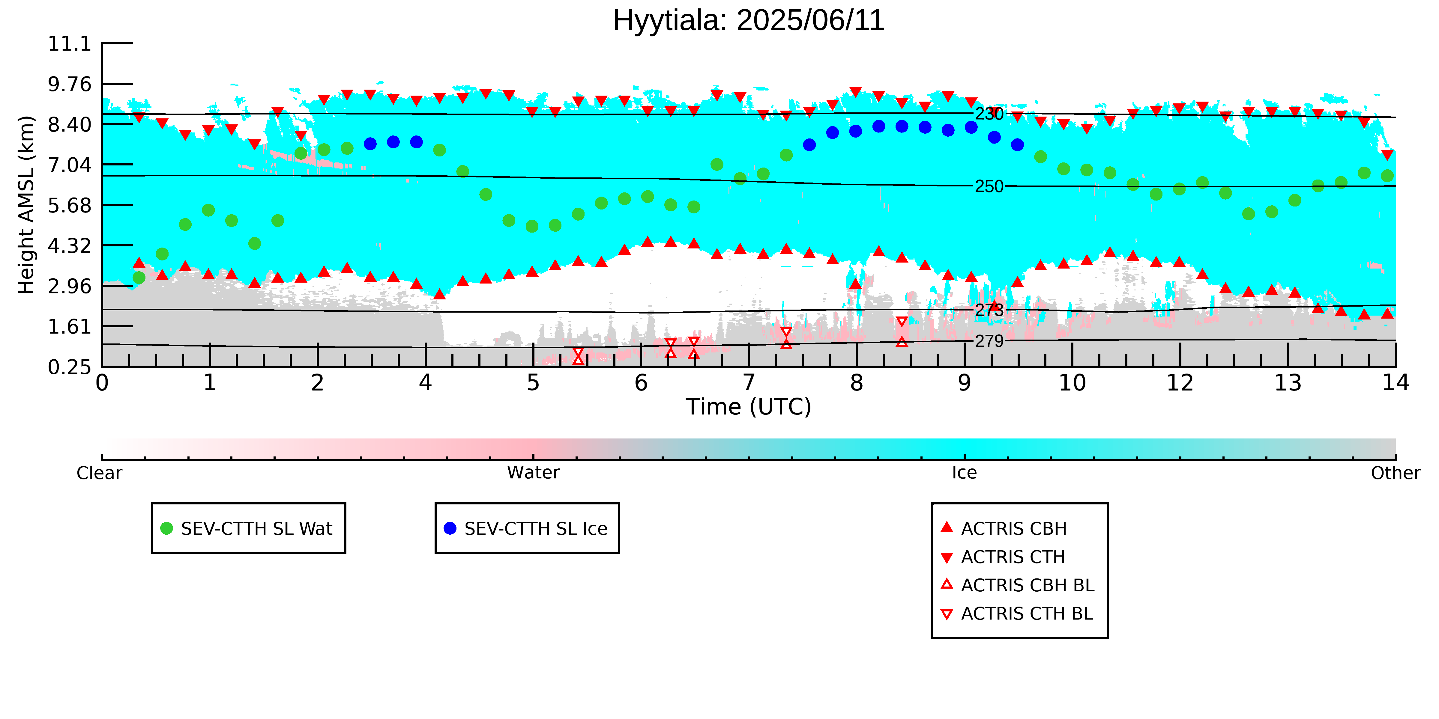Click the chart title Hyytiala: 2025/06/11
(x=749, y=21)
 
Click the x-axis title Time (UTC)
(x=749, y=407)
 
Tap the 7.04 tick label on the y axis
(x=69, y=165)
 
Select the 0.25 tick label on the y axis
(x=69, y=367)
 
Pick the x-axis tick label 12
(x=1180, y=383)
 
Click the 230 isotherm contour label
(x=989, y=114)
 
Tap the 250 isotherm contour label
(x=989, y=186)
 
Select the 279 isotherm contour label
(x=989, y=341)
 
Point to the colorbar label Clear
(x=100, y=473)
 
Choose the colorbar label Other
(x=1396, y=473)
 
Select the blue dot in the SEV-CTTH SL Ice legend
(x=450, y=528)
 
